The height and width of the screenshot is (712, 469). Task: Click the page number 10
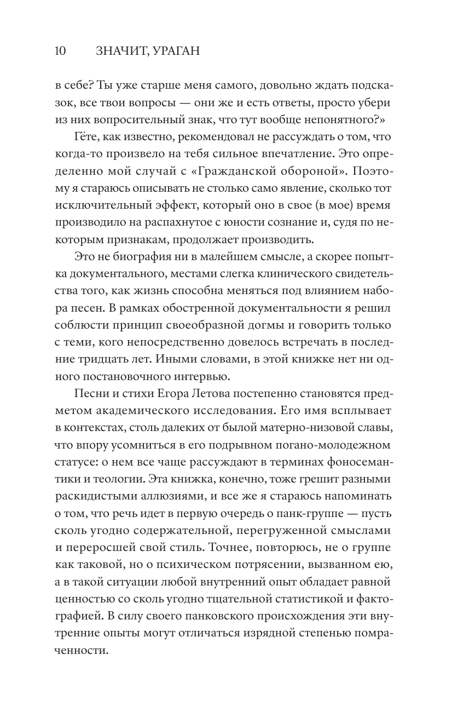point(60,52)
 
